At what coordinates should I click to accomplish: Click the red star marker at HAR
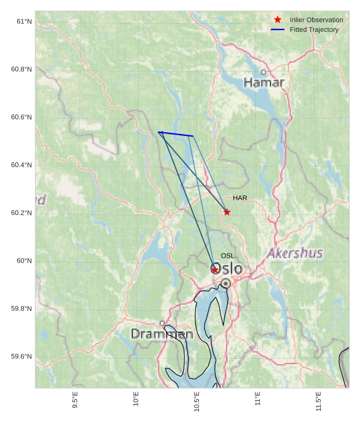(227, 212)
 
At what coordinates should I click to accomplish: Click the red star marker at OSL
(215, 269)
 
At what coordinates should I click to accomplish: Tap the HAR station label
(239, 198)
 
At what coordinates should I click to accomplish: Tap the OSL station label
(228, 256)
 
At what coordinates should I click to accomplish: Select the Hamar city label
(264, 83)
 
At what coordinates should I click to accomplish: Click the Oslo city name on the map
(227, 269)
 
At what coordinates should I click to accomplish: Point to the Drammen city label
(162, 334)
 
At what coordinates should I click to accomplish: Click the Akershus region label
(294, 253)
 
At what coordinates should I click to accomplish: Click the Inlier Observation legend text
(316, 20)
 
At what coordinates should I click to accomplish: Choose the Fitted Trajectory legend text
(314, 30)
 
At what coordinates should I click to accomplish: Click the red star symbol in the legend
(278, 20)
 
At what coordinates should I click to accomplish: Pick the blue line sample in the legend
(278, 30)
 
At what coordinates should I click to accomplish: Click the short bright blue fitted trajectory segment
(176, 134)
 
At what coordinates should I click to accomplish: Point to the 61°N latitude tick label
(24, 21)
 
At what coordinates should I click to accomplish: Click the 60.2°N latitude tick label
(21, 213)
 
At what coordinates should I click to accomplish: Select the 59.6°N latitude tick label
(21, 357)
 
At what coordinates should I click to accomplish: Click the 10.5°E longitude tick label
(197, 402)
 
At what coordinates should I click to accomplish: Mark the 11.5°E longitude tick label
(318, 402)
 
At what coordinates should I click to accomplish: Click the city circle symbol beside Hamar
(264, 72)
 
